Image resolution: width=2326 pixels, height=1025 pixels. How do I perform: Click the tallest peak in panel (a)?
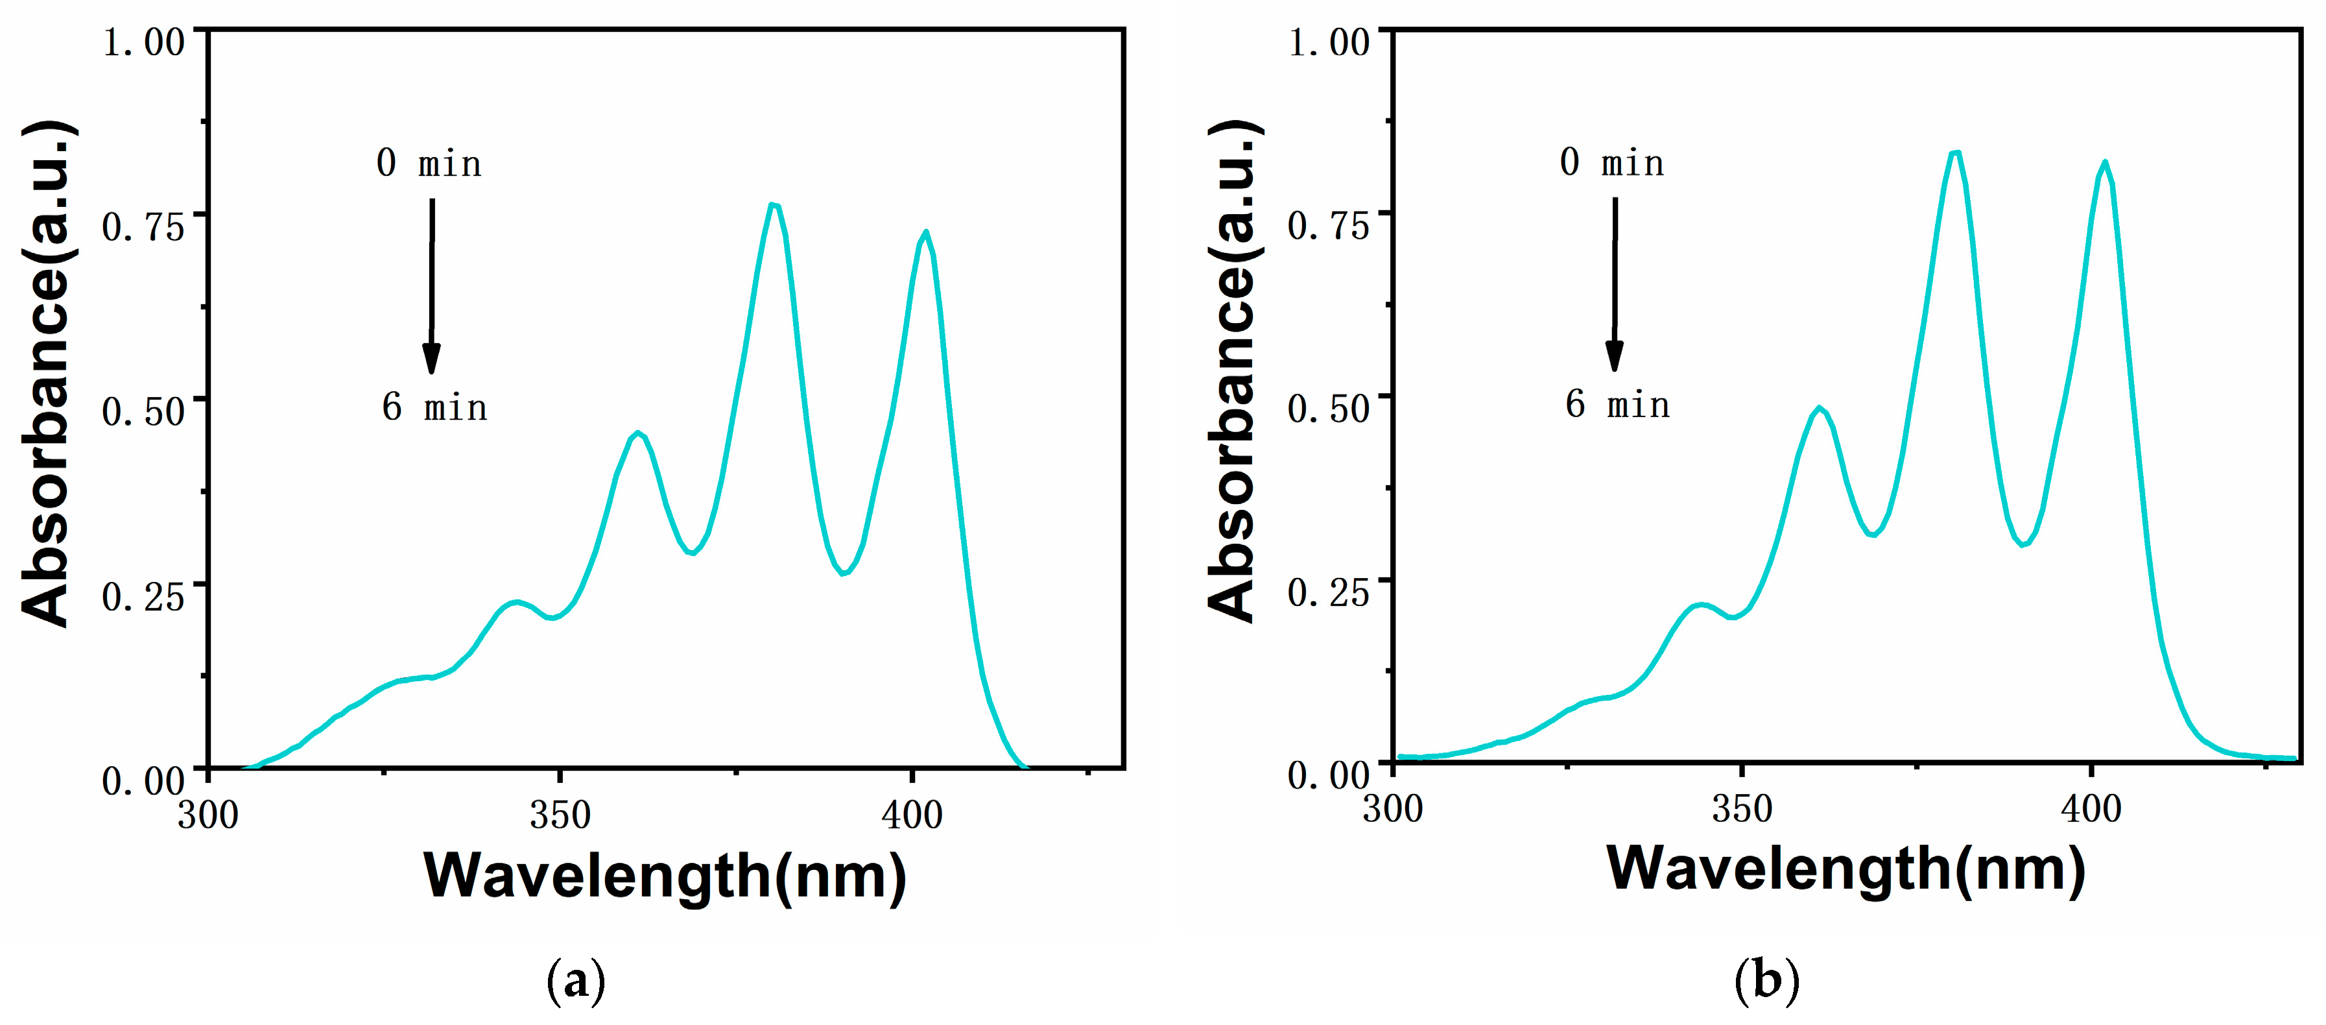click(774, 206)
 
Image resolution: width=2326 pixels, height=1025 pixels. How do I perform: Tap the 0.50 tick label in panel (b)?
click(1328, 408)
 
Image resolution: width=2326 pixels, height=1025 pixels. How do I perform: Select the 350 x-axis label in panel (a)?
click(560, 815)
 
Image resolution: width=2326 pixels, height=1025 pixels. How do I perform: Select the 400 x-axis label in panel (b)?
click(2091, 808)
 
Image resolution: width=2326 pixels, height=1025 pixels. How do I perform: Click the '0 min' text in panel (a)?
click(429, 163)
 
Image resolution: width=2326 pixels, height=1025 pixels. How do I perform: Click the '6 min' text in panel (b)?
click(1617, 405)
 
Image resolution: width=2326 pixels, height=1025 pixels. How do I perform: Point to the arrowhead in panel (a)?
click(432, 359)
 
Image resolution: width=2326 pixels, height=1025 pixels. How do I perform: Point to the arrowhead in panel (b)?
click(1615, 357)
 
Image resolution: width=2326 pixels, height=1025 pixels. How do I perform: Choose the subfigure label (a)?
click(576, 980)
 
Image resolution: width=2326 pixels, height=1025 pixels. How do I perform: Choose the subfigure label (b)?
click(1767, 980)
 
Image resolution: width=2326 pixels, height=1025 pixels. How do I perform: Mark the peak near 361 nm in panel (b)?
click(1820, 408)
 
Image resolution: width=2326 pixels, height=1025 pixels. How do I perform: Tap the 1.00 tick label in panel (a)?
click(143, 42)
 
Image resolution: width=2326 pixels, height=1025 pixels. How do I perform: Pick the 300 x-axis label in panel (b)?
click(1392, 808)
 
